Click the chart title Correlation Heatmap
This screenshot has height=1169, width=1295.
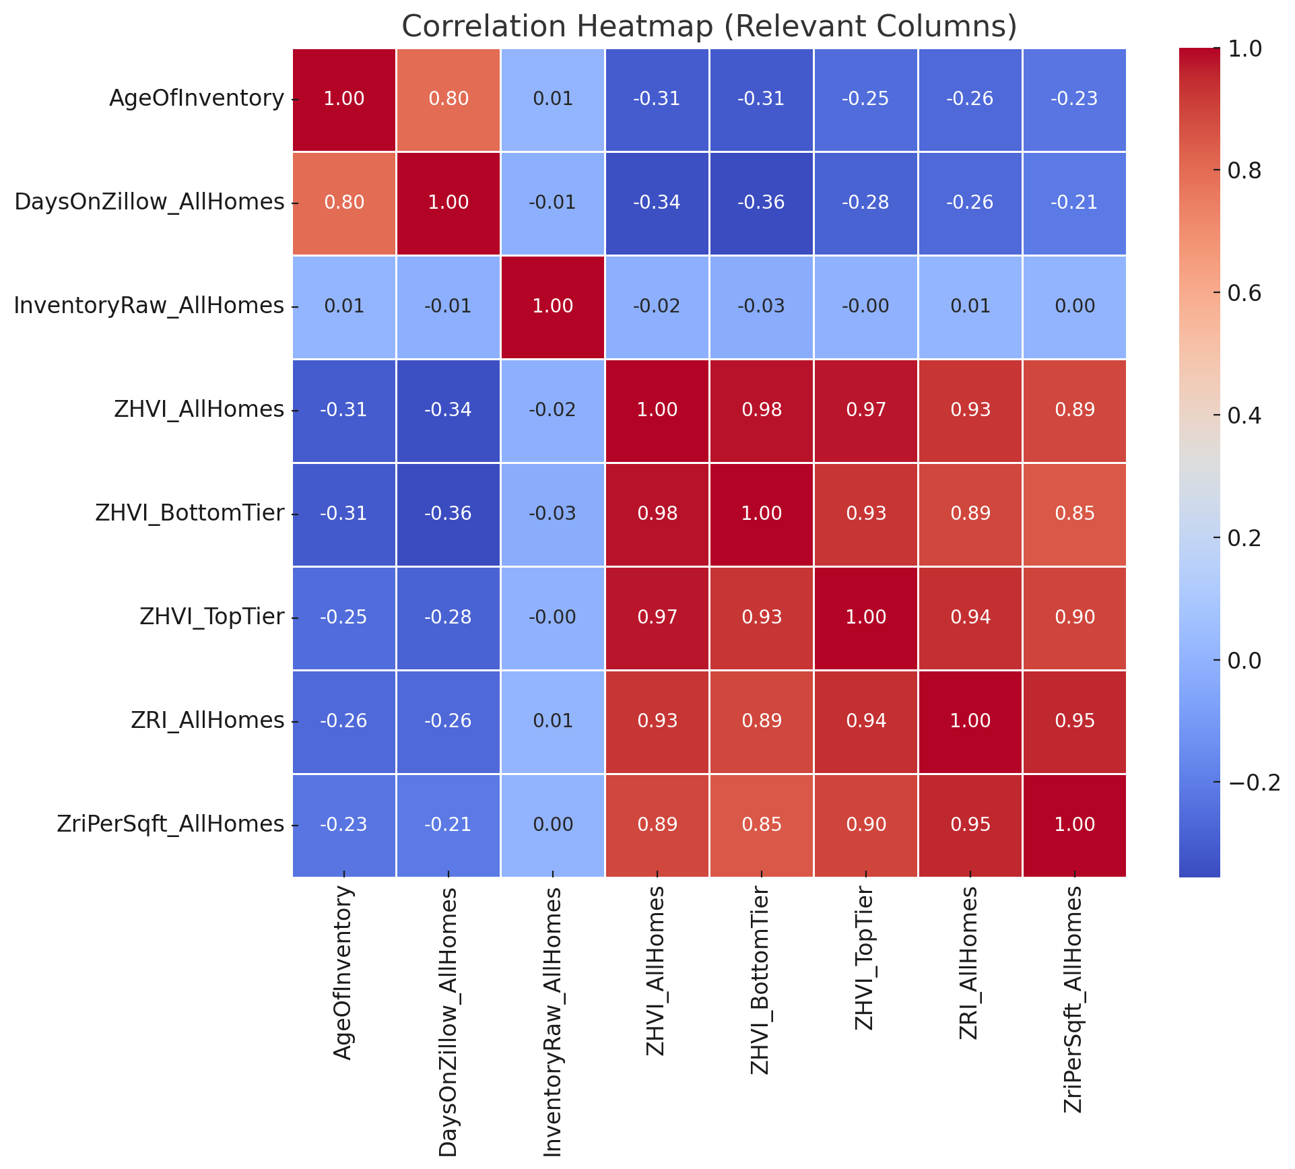708,27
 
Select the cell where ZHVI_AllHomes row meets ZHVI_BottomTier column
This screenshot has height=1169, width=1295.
761,410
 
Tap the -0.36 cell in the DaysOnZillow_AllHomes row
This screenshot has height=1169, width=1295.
761,203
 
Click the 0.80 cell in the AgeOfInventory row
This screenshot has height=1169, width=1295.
449,99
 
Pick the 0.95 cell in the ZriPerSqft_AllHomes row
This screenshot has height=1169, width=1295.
970,825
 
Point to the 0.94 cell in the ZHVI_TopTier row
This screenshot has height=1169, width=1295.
970,617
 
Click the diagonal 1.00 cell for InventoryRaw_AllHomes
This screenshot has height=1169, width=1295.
553,306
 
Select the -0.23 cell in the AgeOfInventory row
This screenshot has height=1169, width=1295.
1074,99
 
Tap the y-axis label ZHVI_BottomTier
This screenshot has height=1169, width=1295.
189,514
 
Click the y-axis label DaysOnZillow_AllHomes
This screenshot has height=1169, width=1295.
149,203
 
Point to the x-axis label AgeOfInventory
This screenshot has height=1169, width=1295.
343,973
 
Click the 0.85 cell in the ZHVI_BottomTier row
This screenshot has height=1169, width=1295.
1074,514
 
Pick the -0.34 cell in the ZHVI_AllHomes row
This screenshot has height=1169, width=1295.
449,410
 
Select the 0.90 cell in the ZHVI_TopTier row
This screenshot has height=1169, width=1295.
1074,617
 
